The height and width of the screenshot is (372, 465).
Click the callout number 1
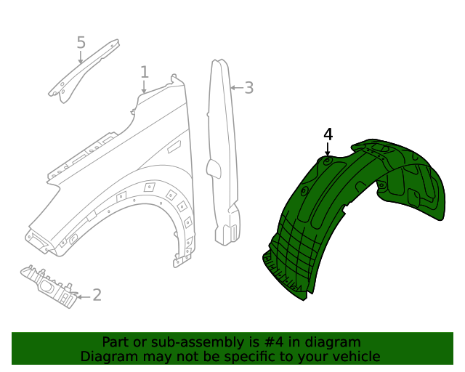[145, 72]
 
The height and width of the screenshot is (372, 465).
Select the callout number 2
[97, 296]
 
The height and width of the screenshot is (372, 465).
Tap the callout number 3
[248, 88]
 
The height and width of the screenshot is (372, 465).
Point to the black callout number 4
[328, 134]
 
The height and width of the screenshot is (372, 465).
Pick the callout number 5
[81, 43]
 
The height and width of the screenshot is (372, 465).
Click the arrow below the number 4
[328, 150]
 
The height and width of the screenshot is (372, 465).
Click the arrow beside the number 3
[235, 88]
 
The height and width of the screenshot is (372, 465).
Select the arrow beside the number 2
[83, 296]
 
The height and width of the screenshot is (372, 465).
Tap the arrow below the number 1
[144, 86]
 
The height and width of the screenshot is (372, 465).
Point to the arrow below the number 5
[81, 57]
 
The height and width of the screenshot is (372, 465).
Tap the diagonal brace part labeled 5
[84, 69]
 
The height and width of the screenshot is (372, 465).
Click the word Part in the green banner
[115, 342]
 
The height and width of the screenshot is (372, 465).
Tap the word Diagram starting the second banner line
[107, 357]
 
